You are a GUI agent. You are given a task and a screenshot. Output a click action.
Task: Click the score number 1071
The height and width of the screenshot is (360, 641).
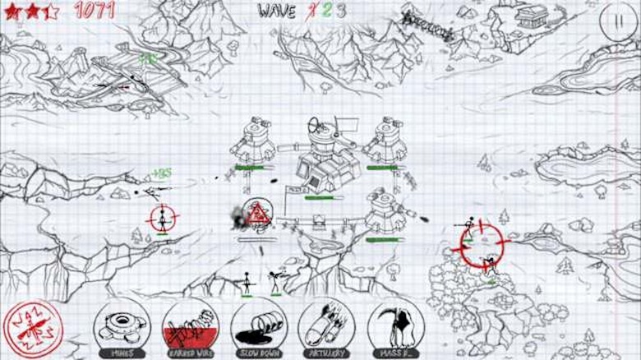(95, 10)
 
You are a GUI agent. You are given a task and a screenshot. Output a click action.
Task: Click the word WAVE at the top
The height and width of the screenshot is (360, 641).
(276, 11)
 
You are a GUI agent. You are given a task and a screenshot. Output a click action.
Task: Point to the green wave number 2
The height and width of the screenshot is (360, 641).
(326, 11)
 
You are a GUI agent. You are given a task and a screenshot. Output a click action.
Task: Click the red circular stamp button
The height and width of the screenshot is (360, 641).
(32, 329)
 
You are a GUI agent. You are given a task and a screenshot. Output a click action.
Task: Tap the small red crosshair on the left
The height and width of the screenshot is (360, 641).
(164, 219)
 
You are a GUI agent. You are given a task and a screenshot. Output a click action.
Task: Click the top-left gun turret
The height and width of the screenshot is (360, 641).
(251, 139)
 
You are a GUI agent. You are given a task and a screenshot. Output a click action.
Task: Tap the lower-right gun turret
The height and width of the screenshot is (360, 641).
(385, 210)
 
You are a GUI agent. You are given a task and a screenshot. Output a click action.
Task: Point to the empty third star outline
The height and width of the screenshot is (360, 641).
(51, 12)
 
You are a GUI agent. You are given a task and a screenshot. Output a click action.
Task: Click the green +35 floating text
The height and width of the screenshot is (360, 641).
(162, 173)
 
